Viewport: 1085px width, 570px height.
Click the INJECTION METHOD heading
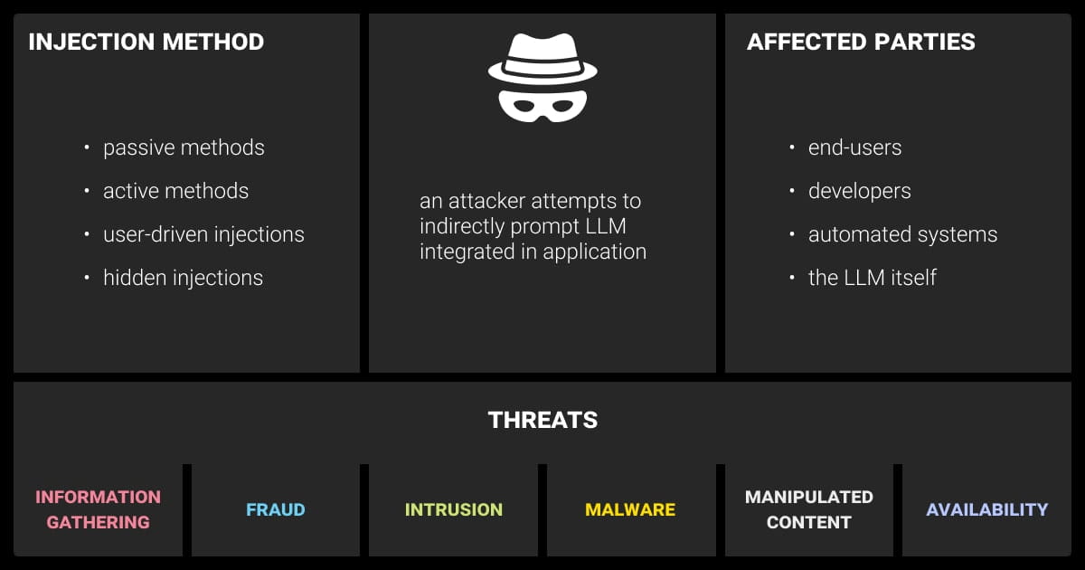point(146,42)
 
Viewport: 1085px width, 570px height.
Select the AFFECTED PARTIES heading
point(861,42)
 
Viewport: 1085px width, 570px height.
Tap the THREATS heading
point(542,420)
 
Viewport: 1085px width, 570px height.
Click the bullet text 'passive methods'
point(184,147)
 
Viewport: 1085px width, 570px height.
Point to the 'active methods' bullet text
point(175,191)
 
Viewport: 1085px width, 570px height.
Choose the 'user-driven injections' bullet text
point(203,234)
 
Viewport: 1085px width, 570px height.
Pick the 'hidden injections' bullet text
point(183,278)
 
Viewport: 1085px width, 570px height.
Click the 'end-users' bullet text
point(854,147)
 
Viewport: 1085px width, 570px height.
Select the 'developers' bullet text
point(859,191)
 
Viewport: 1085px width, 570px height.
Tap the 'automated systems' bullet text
point(902,234)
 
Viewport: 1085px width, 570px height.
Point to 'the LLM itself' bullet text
point(872,278)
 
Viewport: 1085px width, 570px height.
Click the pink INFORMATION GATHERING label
point(98,509)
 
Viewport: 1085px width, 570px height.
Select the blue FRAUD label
point(276,509)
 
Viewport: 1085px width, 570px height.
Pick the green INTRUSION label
point(454,509)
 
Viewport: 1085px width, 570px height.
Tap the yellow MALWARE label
point(630,509)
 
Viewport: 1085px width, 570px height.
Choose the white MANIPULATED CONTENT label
point(809,509)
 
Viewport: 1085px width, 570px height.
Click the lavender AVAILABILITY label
point(987,509)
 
